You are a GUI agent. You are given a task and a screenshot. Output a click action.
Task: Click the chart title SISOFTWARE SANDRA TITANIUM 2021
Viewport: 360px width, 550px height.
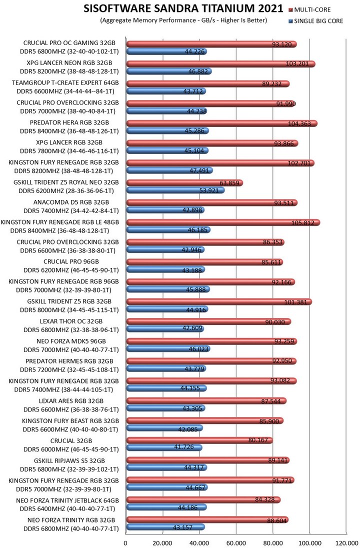(x=183, y=8)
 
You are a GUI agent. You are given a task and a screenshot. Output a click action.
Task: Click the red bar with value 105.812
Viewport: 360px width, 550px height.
(x=222, y=222)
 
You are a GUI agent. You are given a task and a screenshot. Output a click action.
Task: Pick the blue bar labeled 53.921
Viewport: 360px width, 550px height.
(x=175, y=190)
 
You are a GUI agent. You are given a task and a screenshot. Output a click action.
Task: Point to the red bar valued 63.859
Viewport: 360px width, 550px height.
(x=184, y=183)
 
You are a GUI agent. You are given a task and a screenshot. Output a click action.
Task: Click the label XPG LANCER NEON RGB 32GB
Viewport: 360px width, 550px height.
(x=69, y=63)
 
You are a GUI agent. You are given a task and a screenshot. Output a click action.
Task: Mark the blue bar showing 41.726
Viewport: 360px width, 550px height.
(x=163, y=447)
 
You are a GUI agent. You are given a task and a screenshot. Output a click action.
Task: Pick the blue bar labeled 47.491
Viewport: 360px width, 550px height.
(x=169, y=170)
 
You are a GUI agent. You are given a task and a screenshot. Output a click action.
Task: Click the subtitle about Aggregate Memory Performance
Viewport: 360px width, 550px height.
(x=183, y=20)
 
